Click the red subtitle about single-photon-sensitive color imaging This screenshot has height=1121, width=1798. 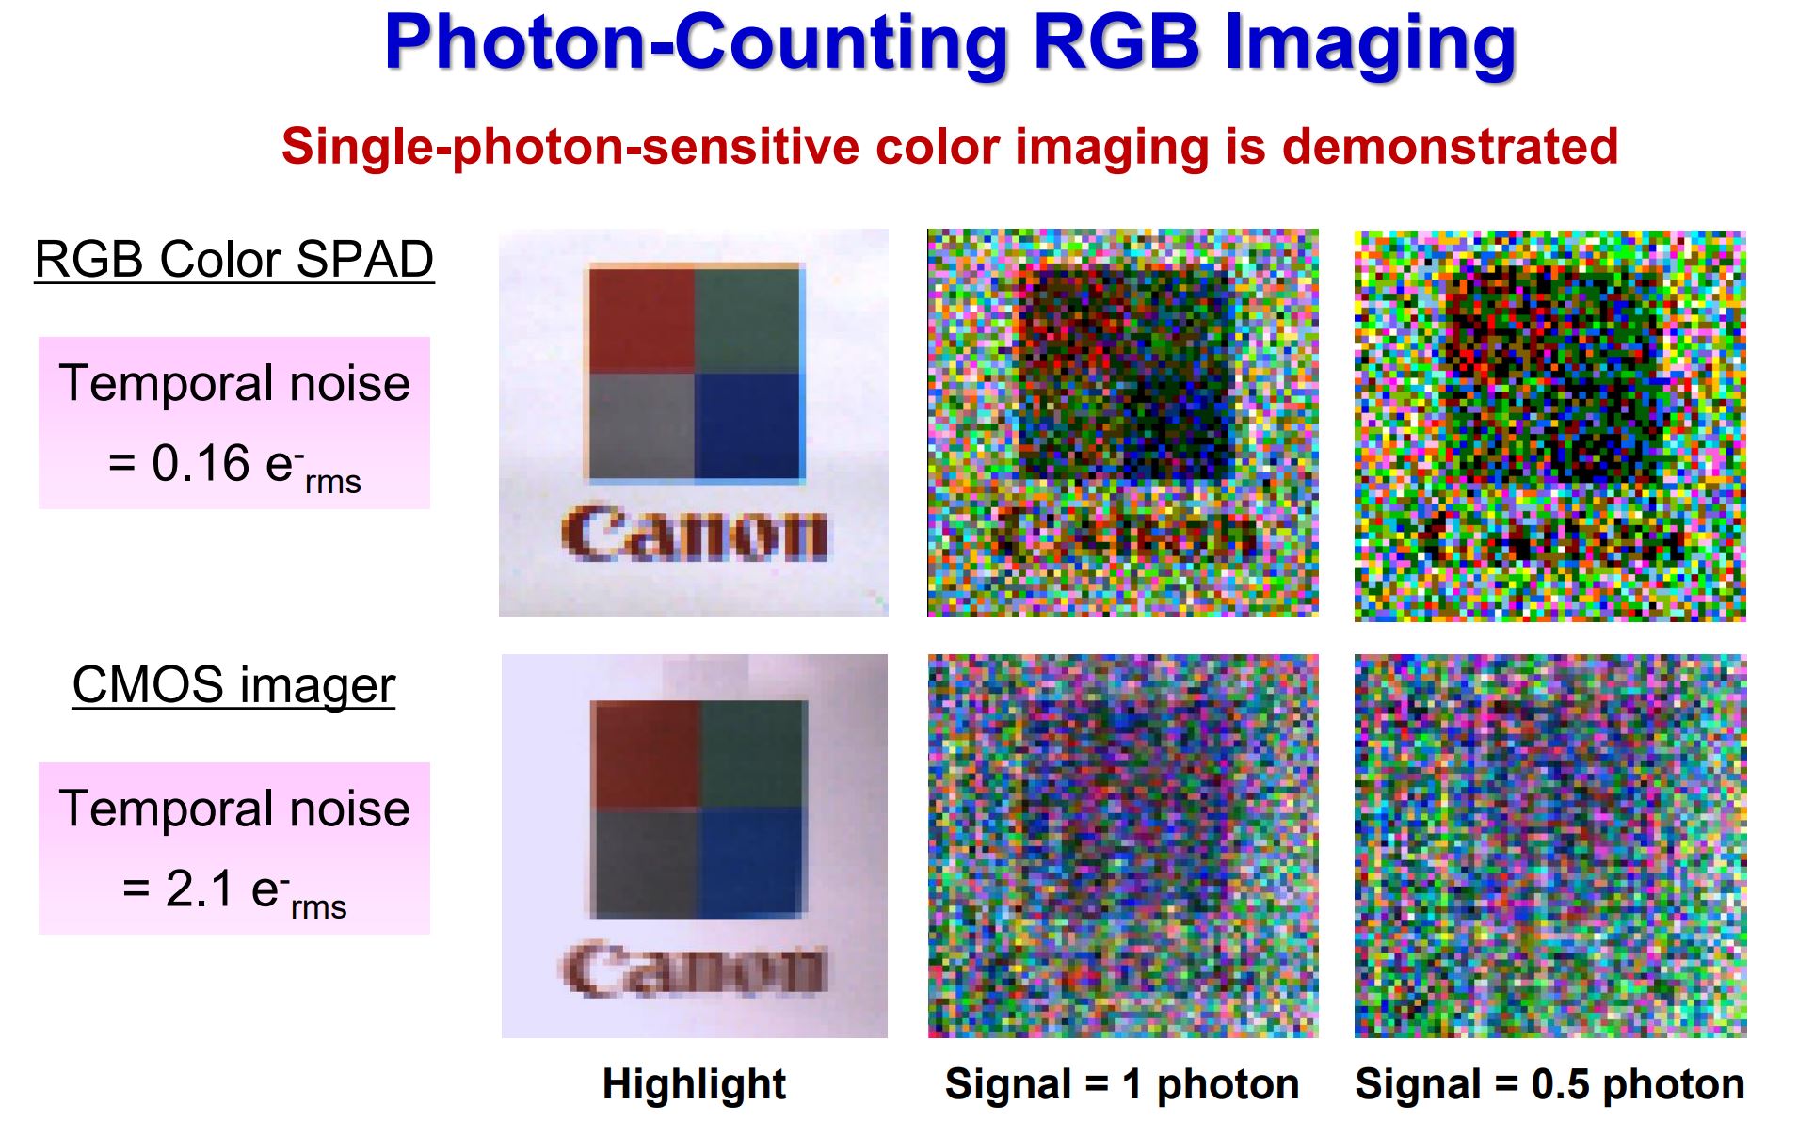point(949,147)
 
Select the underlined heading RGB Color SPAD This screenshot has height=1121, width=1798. point(233,260)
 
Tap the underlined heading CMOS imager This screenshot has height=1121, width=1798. point(233,685)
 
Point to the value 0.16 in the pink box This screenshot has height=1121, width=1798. point(201,463)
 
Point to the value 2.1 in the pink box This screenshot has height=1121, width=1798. point(199,889)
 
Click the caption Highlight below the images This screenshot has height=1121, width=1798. point(694,1084)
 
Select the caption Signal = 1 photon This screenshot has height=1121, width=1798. point(1122,1084)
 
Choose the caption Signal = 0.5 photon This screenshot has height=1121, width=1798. point(1549,1084)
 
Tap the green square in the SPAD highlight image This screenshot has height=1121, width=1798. point(747,320)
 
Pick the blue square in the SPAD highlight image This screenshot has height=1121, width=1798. point(747,425)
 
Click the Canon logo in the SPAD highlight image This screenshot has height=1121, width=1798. point(695,534)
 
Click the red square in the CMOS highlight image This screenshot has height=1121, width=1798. point(647,753)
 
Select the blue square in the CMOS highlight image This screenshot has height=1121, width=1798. point(754,860)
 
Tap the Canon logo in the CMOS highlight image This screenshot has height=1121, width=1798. point(695,969)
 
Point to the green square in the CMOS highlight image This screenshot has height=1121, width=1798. point(754,753)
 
